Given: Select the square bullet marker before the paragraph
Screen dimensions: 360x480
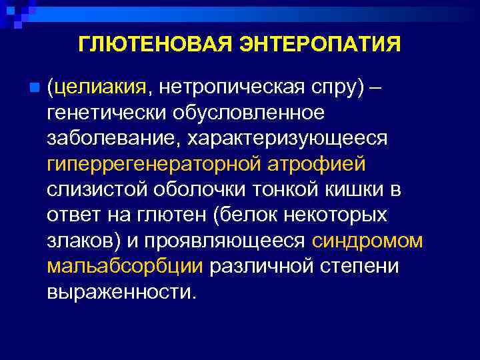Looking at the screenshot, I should (x=35, y=88).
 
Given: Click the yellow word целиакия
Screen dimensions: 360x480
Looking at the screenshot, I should (x=100, y=87).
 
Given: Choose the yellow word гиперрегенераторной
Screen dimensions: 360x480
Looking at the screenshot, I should (x=153, y=163).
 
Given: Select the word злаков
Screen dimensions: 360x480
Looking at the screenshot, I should (x=85, y=240).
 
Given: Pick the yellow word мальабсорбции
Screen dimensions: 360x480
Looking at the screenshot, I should (x=125, y=265).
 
